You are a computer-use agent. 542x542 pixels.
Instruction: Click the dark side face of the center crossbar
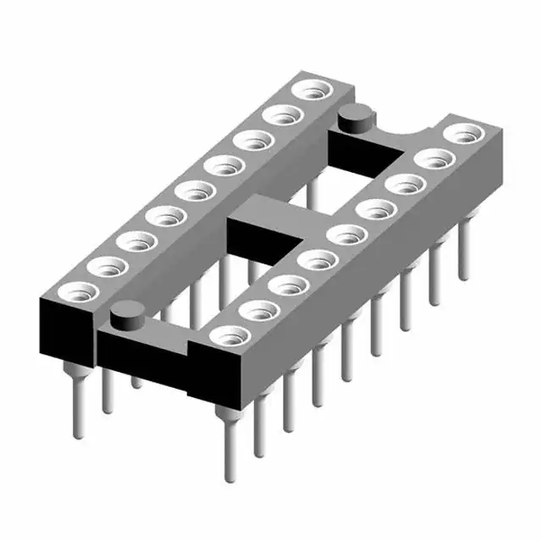coord(254,241)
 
